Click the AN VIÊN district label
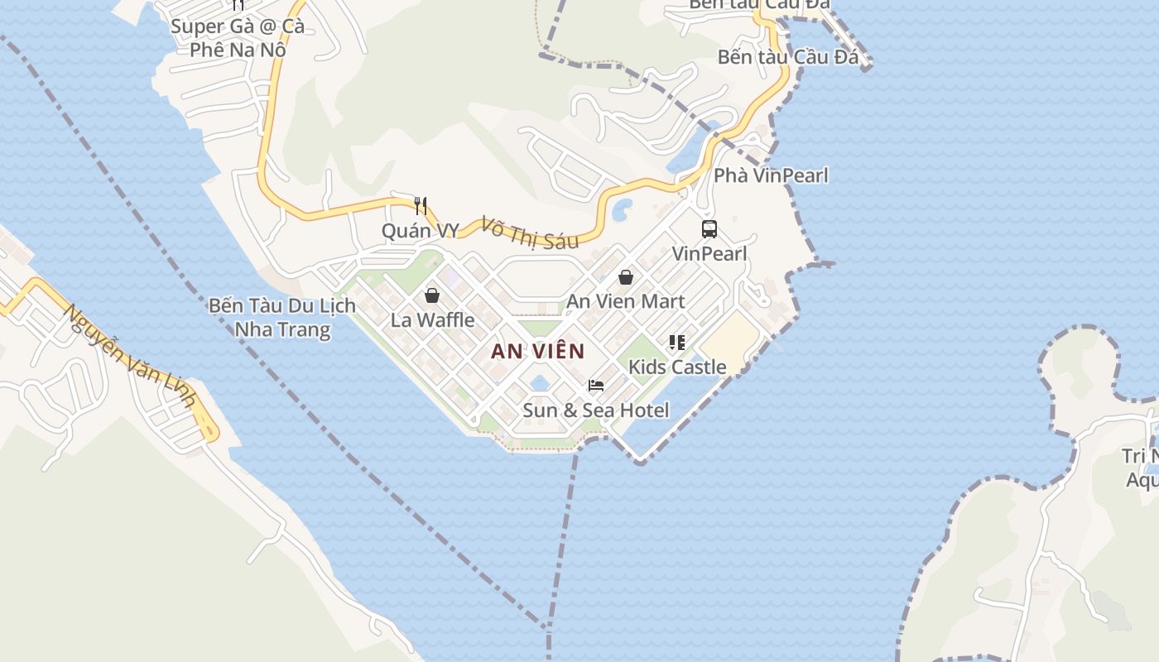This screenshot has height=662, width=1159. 537,351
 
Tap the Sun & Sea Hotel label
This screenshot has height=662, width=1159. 595,410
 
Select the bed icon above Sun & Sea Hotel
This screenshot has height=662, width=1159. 596,386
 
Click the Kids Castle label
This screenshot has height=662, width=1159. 676,367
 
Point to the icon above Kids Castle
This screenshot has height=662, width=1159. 677,342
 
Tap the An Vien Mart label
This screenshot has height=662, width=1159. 625,301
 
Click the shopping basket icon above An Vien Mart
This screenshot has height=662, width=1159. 626,277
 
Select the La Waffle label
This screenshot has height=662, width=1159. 432,319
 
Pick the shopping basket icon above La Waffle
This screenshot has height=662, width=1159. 432,295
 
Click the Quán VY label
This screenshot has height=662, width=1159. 420,230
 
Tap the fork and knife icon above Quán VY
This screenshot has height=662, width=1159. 421,205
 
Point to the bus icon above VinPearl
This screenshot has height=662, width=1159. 709,229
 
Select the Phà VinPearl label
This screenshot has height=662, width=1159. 771,175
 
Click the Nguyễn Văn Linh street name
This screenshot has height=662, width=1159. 132,357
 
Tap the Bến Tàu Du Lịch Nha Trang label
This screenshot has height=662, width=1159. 281,318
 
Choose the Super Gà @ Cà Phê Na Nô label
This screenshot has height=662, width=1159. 238,37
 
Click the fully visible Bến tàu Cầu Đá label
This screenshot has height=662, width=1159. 787,57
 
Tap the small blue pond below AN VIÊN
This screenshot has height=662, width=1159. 540,383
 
